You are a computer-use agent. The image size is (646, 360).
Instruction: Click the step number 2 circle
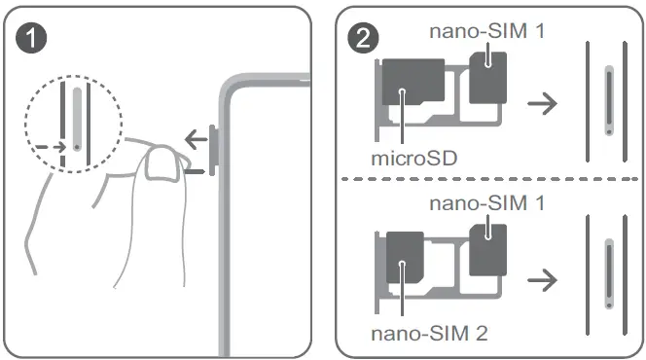365,42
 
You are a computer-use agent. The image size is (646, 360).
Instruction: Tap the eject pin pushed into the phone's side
194,173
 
